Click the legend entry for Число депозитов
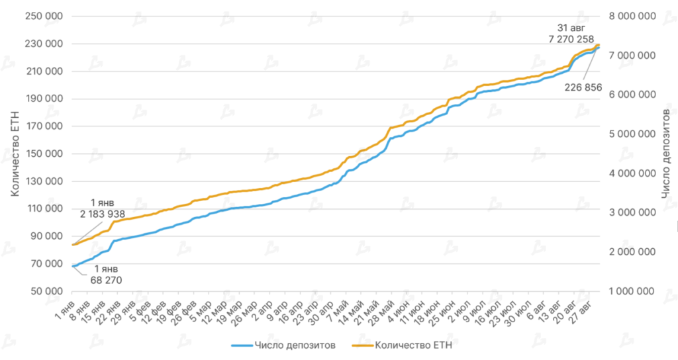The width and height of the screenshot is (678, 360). [297, 344]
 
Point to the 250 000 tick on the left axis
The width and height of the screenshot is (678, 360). [44, 17]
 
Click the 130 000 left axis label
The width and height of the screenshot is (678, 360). [44, 181]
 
